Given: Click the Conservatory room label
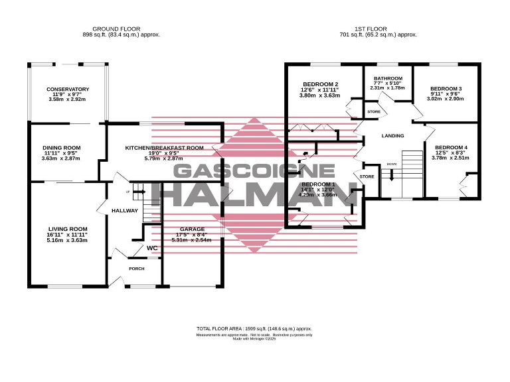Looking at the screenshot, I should (68, 90).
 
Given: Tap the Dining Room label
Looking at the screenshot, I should (61, 147).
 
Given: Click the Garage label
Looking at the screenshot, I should (191, 229).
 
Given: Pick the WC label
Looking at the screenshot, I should (152, 248).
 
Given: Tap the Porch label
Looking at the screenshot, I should (137, 269).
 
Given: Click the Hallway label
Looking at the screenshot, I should (125, 210).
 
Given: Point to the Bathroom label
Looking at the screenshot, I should (387, 78).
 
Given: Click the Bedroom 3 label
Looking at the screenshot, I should (446, 89).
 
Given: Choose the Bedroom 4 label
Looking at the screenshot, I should (451, 147).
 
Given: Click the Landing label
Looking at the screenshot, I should (392, 136).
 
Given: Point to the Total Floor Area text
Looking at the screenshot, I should (254, 328).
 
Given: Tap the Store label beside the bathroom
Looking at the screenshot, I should (374, 111).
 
